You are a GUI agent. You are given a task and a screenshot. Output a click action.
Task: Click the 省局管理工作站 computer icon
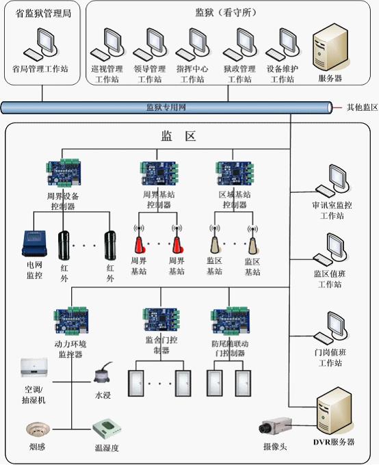point(40,44)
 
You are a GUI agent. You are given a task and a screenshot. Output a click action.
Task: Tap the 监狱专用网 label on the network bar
point(166,107)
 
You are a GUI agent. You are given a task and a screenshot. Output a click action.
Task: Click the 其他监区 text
point(362,107)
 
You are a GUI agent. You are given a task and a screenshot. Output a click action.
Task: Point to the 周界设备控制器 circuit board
point(63,173)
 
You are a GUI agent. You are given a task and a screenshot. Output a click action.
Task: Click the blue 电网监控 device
point(34,243)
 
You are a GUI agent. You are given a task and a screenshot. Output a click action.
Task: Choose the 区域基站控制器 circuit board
point(235,174)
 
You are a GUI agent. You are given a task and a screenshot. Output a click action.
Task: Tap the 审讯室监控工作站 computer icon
point(332,182)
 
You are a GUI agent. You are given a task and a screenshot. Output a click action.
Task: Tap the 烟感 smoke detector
point(37,429)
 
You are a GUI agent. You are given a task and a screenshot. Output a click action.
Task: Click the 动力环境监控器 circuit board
point(71,321)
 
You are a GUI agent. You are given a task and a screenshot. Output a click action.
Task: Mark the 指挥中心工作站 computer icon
point(192,44)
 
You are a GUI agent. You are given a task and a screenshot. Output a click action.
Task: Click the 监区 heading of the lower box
point(179,136)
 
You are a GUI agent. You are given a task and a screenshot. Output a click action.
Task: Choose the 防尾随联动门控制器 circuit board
point(231,321)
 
